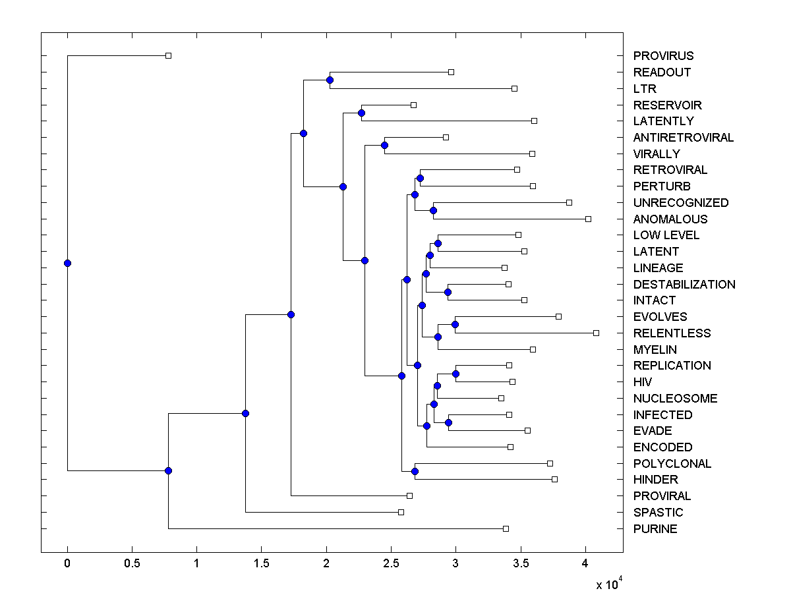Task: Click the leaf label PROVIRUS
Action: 663,56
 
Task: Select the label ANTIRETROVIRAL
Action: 683,138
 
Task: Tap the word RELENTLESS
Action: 672,333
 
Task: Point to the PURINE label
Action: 655,529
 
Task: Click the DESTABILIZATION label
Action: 684,285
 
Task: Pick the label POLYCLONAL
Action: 672,464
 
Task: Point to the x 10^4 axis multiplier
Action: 608,585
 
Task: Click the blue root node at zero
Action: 67,263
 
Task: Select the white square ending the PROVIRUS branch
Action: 168,56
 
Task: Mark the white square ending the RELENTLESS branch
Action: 596,333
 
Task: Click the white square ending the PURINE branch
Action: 506,528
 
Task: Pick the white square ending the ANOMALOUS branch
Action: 588,219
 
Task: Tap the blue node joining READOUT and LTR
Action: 330,80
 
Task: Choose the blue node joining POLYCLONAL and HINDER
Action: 415,471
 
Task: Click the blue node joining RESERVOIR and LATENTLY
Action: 361,113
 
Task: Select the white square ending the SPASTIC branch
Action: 401,512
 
